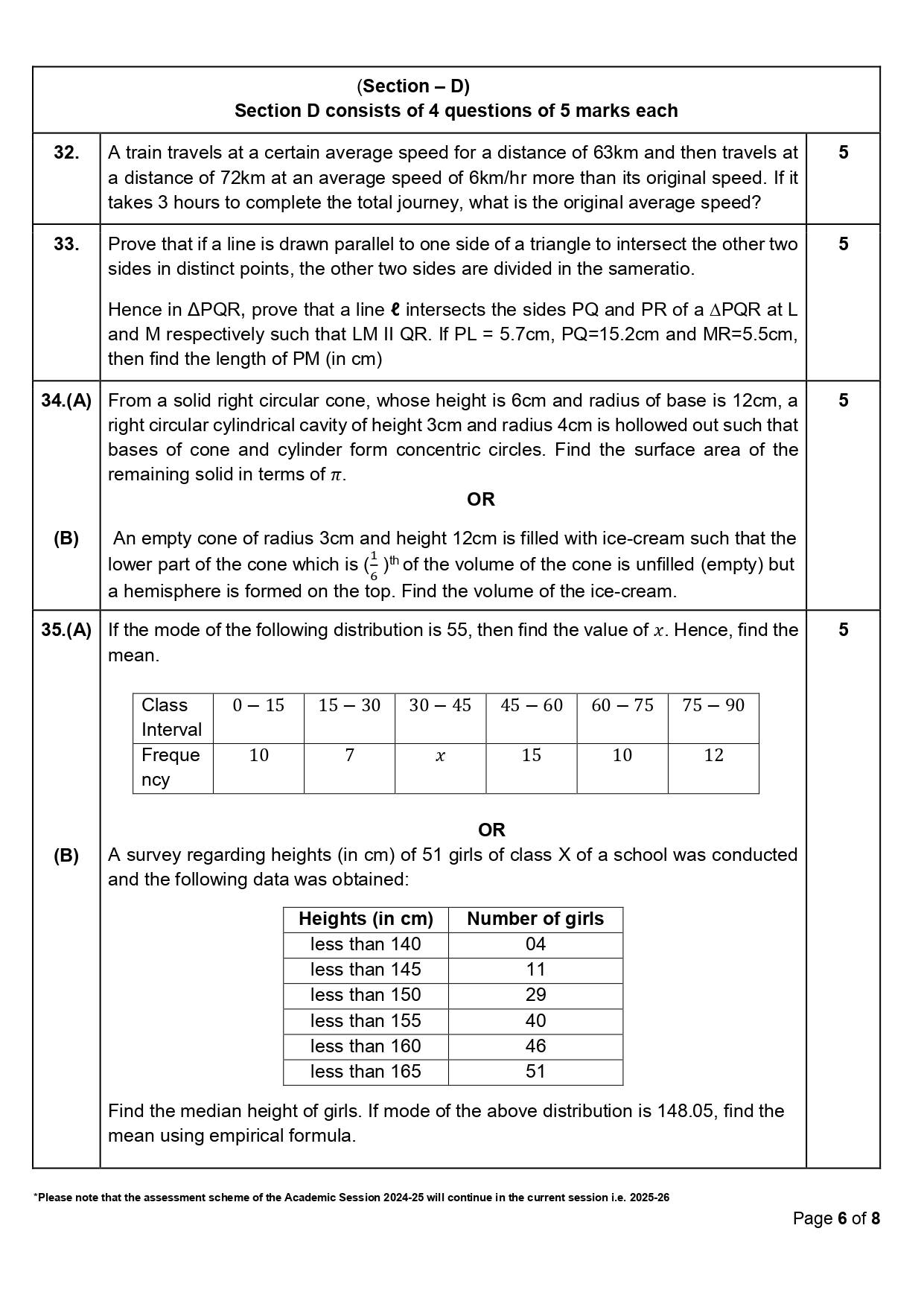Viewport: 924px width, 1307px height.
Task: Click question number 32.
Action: coord(66,153)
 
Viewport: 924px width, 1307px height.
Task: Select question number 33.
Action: coord(66,244)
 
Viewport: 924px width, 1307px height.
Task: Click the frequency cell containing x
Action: coord(440,756)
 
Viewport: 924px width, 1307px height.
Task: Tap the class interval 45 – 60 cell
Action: coord(531,705)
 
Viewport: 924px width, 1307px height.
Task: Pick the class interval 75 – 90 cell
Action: coord(713,705)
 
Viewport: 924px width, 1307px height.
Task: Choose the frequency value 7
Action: coord(349,755)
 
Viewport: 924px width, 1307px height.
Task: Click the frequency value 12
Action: coord(713,755)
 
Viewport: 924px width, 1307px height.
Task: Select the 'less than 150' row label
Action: coord(366,995)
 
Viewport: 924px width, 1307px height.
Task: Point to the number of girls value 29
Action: coord(535,995)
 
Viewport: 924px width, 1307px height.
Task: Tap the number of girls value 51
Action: coord(535,1072)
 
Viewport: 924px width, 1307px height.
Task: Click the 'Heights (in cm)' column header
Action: coord(366,919)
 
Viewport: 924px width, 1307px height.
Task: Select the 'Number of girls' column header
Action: coord(535,919)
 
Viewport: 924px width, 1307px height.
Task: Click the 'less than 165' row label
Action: coord(366,1072)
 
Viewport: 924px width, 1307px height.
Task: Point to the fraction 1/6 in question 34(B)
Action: coord(373,566)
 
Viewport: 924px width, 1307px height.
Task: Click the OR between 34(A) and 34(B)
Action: coord(480,500)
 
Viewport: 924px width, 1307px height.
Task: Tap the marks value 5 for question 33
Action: coord(843,244)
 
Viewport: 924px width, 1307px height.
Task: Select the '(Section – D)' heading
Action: coord(413,86)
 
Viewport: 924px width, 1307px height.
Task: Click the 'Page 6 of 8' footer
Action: coord(836,1218)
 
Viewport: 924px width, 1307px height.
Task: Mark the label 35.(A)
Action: coord(66,630)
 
